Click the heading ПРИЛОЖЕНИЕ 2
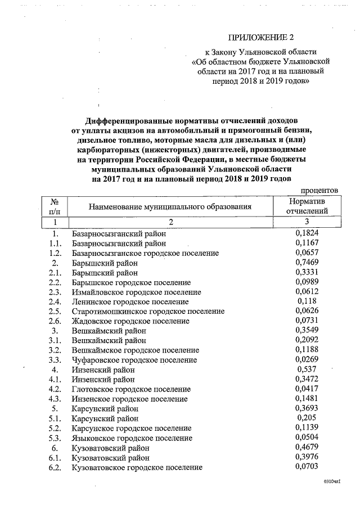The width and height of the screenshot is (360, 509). [261, 38]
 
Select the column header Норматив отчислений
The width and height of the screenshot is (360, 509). [307, 206]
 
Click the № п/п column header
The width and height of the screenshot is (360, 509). [55, 206]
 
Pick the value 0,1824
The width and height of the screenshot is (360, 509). [307, 233]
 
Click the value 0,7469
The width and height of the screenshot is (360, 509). [307, 263]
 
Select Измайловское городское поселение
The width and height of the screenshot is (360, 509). [137, 292]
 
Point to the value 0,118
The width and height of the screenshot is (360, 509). [307, 301]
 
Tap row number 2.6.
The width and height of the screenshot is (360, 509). [55, 321]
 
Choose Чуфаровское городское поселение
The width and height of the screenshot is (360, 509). [134, 360]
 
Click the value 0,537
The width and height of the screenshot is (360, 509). [307, 370]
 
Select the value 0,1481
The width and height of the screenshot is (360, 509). [307, 399]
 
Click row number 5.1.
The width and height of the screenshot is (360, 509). [55, 418]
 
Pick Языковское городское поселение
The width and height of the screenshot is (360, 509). [132, 438]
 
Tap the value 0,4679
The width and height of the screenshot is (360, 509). [307, 448]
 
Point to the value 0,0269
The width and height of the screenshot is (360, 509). [307, 360]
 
